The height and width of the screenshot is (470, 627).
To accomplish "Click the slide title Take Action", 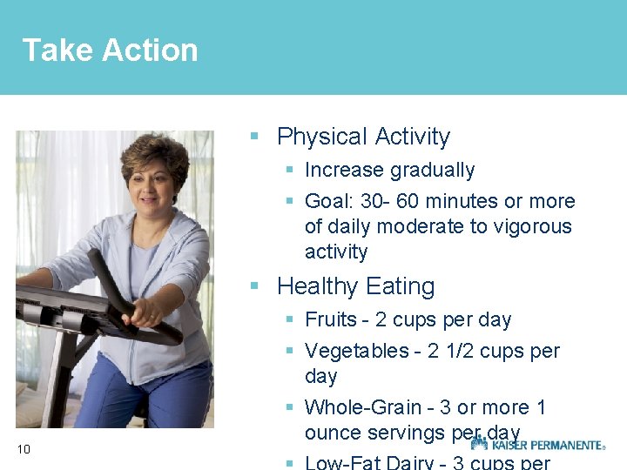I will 110,50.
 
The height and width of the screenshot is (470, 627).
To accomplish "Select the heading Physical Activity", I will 363,137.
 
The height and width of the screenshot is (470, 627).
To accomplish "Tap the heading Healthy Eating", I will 355,286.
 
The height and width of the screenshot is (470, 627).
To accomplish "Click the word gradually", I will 432,171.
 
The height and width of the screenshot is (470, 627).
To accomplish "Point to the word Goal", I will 328,202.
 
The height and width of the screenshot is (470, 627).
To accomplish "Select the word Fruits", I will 331,320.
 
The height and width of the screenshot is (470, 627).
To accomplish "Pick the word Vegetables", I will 354,352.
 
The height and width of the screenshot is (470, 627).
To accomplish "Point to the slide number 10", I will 24,449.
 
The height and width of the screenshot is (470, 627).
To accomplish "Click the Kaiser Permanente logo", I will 537,444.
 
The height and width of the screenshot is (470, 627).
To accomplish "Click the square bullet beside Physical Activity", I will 254,137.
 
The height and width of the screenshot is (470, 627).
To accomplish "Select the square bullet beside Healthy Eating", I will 254,285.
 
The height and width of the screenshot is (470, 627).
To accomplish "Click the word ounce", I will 331,433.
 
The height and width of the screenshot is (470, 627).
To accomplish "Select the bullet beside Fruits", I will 290,320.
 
